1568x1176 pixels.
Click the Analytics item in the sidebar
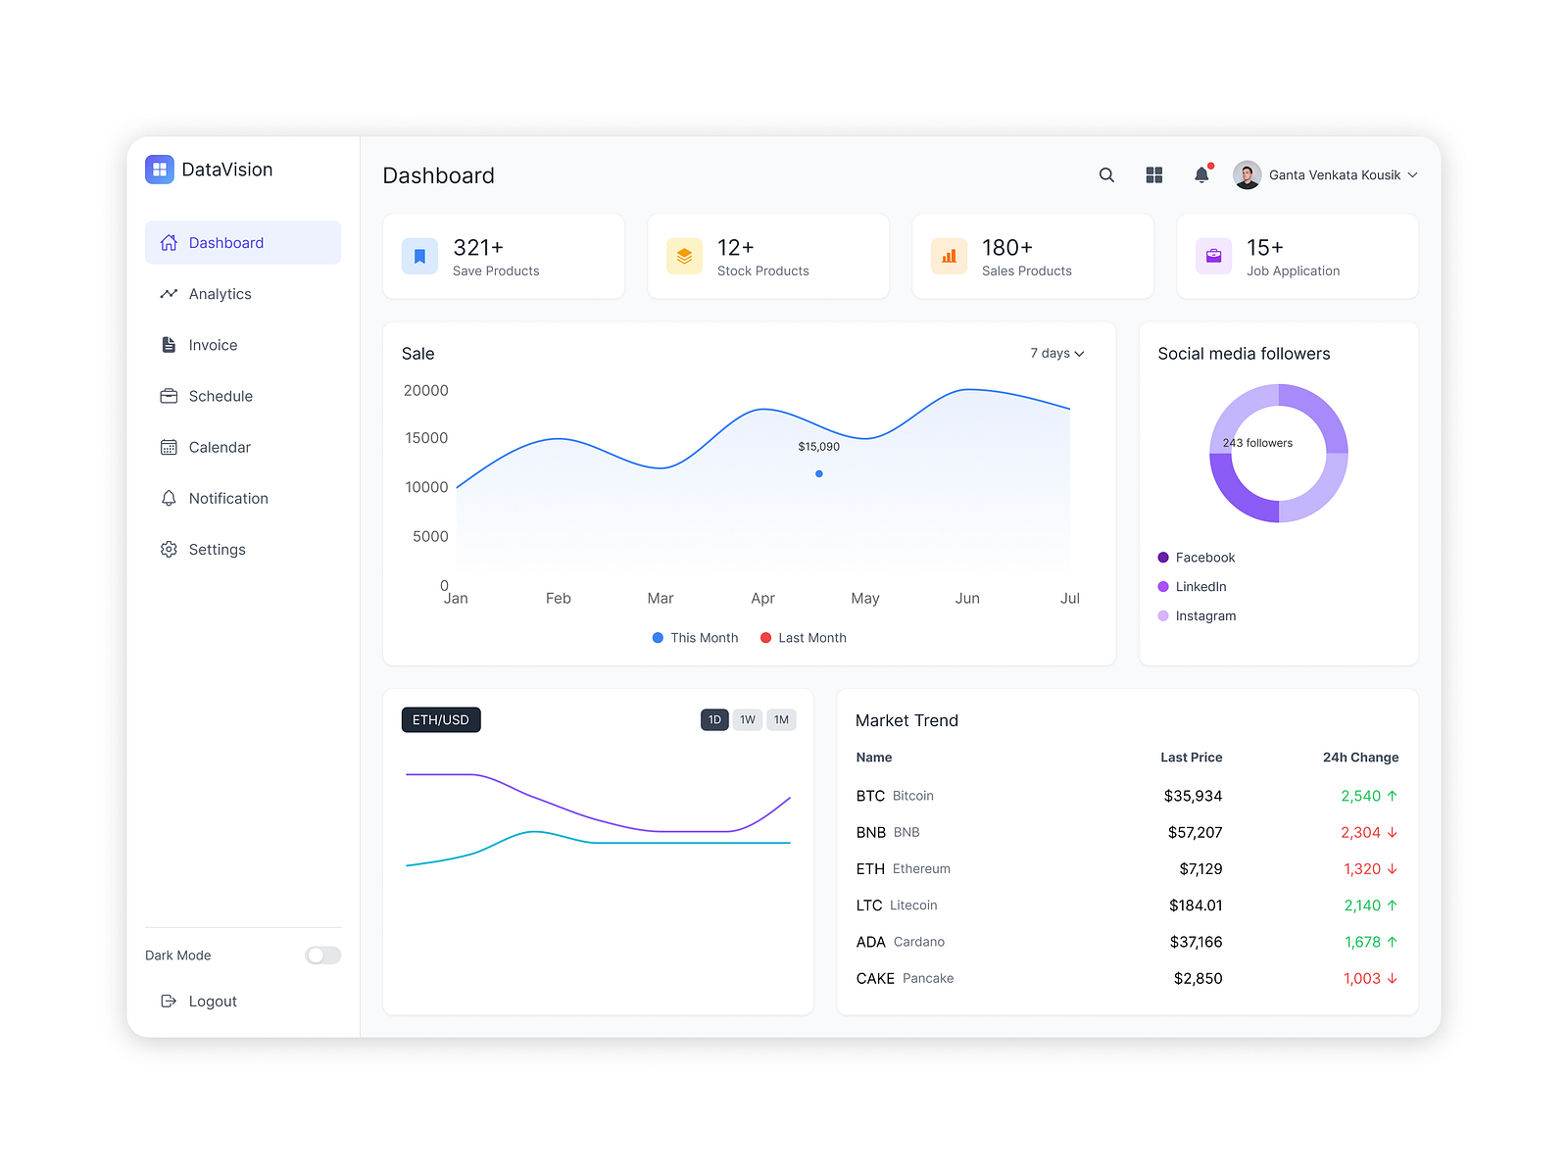[220, 294]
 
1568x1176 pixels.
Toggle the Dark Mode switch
[322, 955]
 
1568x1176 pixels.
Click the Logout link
[212, 1002]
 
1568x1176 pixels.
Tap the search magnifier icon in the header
[1106, 175]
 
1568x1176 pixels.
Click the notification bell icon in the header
[1201, 175]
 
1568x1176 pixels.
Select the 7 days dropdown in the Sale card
[1056, 354]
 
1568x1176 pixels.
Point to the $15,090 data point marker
[819, 474]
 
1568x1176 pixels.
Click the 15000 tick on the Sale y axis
[426, 438]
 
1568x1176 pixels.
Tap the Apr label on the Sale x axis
[762, 599]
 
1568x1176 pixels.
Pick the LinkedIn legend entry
[1200, 587]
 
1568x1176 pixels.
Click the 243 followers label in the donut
[1257, 443]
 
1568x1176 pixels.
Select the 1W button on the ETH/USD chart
[748, 720]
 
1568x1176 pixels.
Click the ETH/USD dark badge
[441, 720]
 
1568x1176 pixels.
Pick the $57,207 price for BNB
[1195, 833]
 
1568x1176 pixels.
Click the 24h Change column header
[1360, 758]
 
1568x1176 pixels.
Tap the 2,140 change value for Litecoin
[1362, 906]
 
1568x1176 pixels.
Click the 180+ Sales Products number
[1007, 248]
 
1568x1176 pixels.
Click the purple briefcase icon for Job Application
[1213, 257]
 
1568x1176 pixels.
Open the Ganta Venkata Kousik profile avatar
[1247, 175]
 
